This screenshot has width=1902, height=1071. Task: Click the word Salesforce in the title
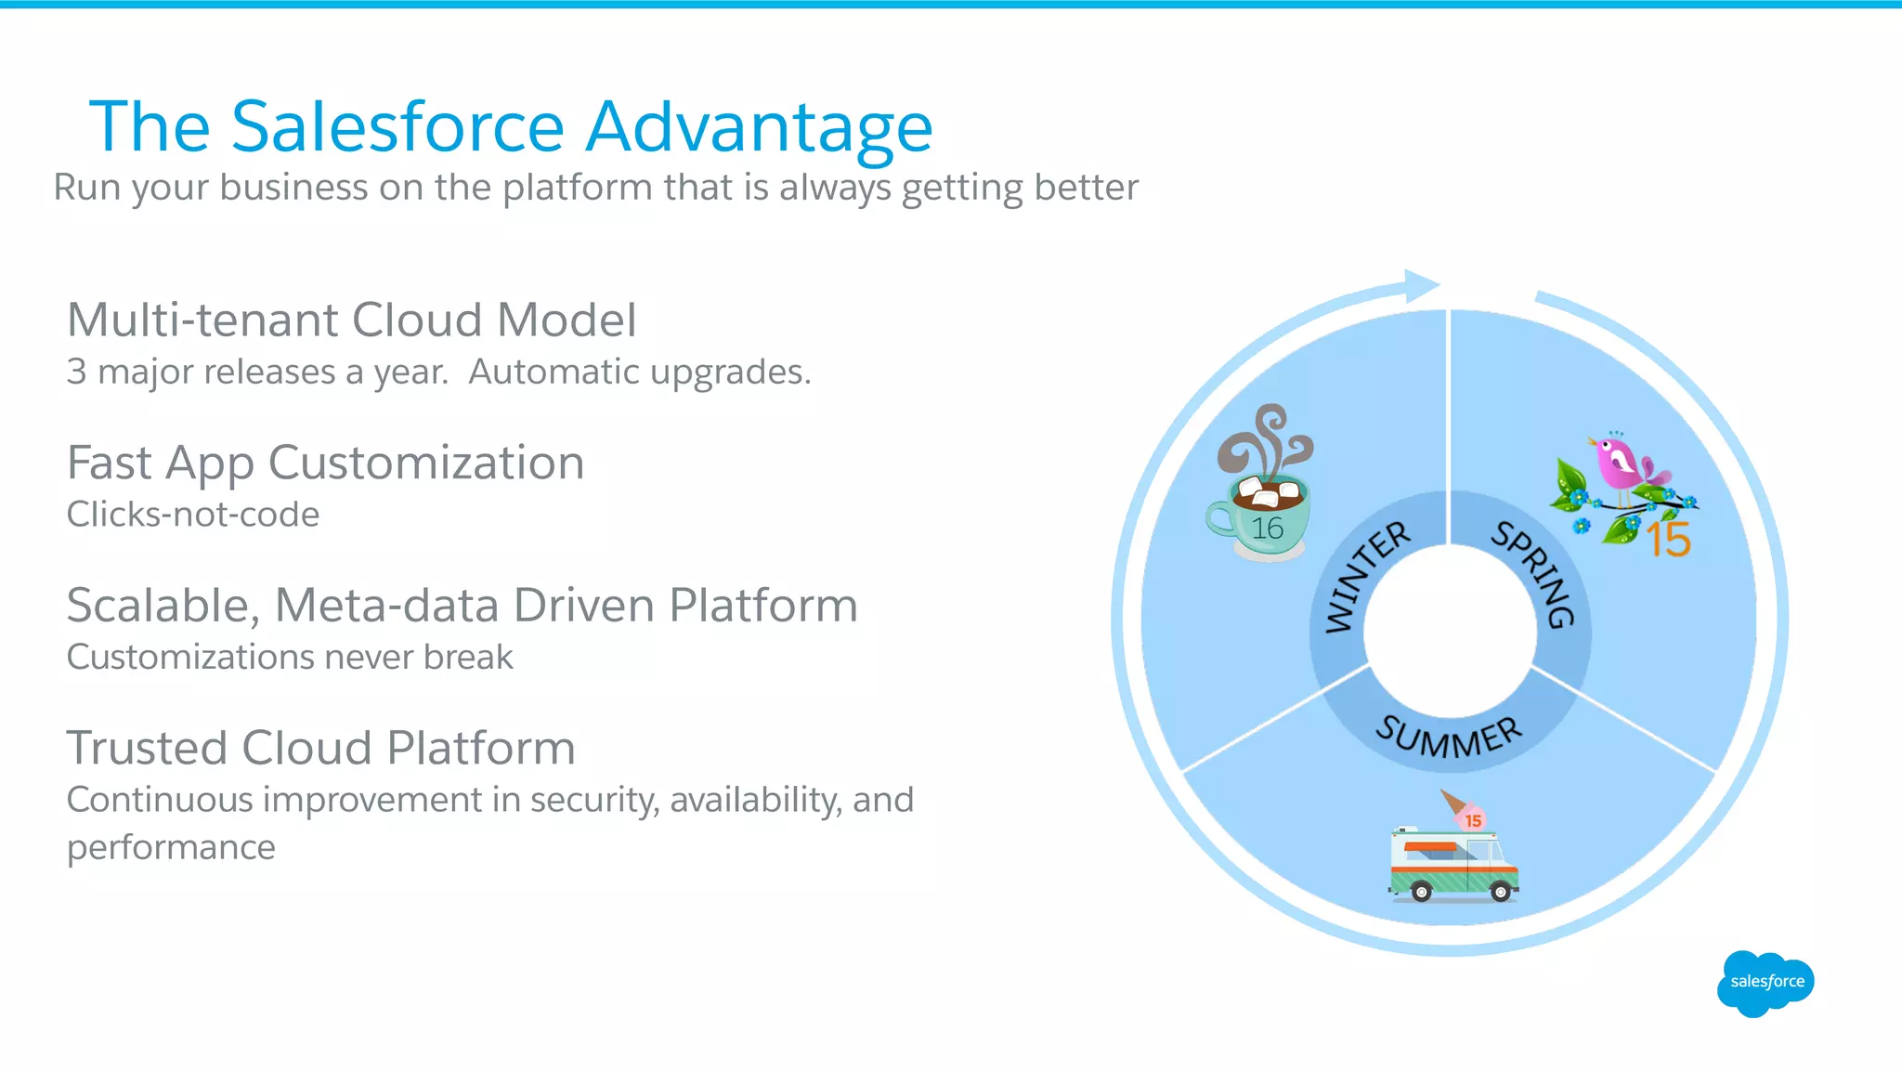point(397,126)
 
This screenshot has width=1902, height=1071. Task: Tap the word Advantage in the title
point(759,128)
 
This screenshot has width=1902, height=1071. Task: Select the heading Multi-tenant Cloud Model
point(351,320)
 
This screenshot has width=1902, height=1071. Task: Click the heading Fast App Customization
point(325,463)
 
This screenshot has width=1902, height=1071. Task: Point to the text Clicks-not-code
point(193,515)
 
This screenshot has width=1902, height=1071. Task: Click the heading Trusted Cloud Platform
point(320,748)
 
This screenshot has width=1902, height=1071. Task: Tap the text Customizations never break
point(290,658)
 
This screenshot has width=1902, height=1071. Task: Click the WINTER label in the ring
point(1365,576)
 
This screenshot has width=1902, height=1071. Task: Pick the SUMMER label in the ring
point(1449,738)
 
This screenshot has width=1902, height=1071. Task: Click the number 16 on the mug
point(1267,529)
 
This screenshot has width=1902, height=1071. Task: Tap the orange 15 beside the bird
point(1668,540)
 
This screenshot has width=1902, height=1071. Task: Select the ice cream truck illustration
point(1453,864)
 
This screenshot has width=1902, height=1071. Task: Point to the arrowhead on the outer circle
point(1421,285)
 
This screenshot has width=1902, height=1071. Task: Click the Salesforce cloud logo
point(1765,982)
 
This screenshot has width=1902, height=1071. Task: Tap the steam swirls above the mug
point(1265,441)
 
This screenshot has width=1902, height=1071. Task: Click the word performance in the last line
point(171,848)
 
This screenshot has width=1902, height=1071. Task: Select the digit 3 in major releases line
point(76,372)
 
